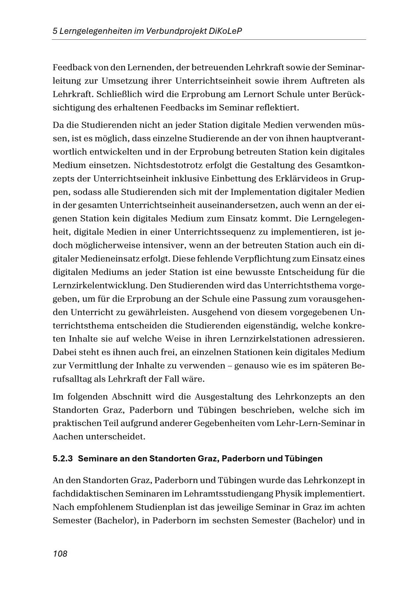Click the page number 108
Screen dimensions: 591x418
click(60, 554)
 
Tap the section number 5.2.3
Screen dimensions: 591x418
click(63, 459)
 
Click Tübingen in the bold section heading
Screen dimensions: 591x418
click(303, 459)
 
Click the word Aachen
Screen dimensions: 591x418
click(68, 437)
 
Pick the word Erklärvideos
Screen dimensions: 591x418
click(303, 178)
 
